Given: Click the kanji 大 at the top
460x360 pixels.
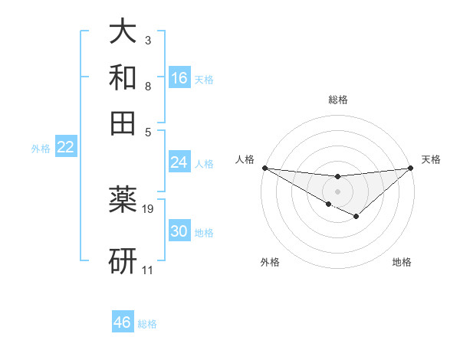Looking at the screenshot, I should [x=123, y=32].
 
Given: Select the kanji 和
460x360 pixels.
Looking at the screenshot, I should [x=123, y=77].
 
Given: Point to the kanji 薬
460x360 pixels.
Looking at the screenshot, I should [x=123, y=199].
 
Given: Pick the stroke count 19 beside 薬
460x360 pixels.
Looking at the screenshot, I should [x=148, y=208].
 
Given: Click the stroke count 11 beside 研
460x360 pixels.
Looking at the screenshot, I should [x=147, y=270].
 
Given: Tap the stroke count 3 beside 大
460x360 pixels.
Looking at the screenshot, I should [x=147, y=41].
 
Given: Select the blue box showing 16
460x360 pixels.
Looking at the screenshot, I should [x=179, y=78].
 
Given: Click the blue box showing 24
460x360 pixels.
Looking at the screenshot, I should [x=179, y=162].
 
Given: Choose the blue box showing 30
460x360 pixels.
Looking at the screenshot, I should [x=179, y=231].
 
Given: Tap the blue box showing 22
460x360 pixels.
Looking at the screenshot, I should [x=65, y=148].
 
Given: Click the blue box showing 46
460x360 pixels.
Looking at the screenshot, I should [x=123, y=322].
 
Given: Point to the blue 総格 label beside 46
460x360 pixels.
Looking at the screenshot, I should [x=147, y=324].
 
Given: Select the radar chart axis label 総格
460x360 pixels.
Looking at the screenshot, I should [x=337, y=100].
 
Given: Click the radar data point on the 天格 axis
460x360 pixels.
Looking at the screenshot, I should [x=411, y=168].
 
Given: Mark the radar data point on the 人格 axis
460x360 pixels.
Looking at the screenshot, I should [x=264, y=168].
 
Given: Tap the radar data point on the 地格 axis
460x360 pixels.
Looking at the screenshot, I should [x=356, y=217].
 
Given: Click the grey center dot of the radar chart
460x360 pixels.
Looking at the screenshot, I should [x=337, y=191].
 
